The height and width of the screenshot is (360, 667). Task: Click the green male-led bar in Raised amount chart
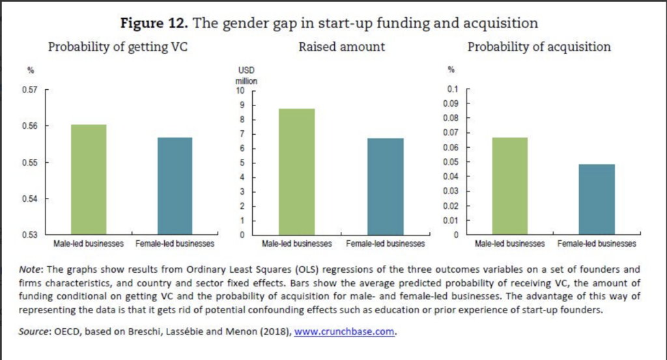tap(297, 171)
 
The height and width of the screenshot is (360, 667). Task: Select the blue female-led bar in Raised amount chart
tap(386, 186)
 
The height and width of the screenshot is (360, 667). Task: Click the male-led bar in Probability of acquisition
tap(510, 186)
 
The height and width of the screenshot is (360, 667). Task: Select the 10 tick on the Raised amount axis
tap(240, 90)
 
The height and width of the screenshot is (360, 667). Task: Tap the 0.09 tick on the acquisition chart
tap(452, 104)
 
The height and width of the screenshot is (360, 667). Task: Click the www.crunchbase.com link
tap(345, 331)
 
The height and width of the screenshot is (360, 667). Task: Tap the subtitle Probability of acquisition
tap(539, 47)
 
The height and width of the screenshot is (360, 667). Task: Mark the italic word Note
tap(31, 269)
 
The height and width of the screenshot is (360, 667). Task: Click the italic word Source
tap(35, 331)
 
